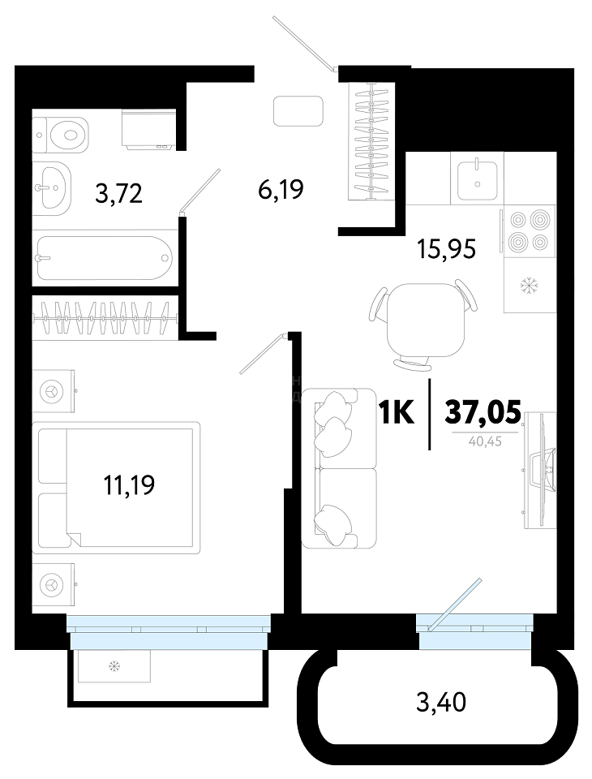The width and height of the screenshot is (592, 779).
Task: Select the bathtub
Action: point(105,258)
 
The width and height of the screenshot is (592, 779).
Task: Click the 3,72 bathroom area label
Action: point(118,193)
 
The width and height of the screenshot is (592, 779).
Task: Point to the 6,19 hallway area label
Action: point(281,189)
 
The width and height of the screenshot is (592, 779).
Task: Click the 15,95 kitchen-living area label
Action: point(447,249)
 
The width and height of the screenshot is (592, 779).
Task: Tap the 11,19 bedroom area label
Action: point(129,485)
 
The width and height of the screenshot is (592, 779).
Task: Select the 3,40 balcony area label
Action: point(441,703)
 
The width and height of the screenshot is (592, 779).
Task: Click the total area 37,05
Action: point(483,413)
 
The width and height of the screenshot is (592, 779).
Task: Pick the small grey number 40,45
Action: point(485,441)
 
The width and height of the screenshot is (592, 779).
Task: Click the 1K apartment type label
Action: point(396,413)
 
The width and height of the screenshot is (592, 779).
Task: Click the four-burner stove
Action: point(530,231)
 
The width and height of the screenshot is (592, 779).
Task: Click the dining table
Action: point(425,320)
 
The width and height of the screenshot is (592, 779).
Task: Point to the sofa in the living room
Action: point(339,468)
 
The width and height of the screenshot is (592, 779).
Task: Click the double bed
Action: point(116,488)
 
